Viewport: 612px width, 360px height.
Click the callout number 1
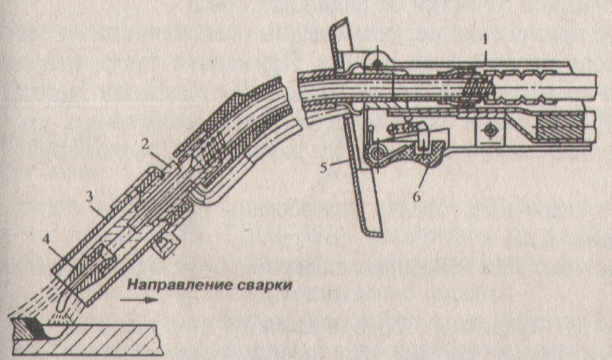487,39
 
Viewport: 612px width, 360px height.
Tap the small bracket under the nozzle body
164,248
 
